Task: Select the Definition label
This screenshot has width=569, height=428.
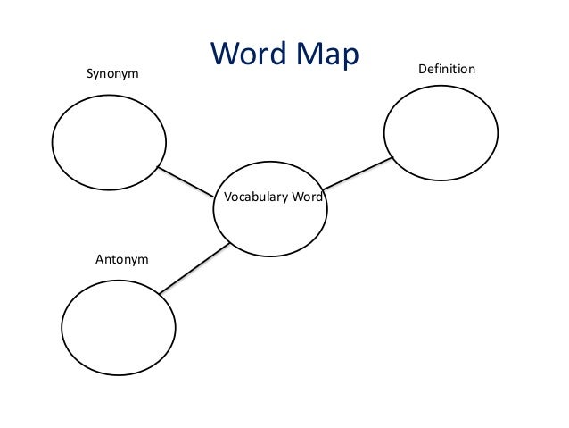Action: click(446, 69)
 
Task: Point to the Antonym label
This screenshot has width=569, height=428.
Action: click(121, 259)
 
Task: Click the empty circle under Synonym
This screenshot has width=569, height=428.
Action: click(109, 142)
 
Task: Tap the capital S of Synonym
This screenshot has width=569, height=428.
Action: click(88, 73)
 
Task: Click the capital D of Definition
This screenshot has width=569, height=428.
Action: click(422, 69)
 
